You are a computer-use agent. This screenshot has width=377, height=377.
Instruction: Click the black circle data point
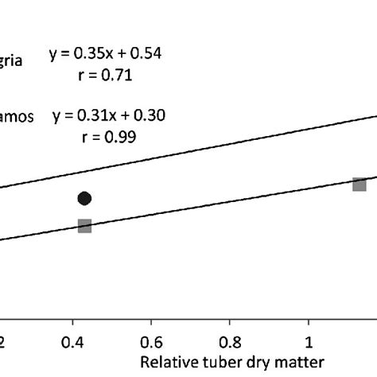(x=84, y=198)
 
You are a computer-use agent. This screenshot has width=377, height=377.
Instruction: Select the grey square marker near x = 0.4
(x=84, y=226)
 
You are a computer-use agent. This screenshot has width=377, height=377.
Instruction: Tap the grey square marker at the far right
(x=360, y=185)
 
